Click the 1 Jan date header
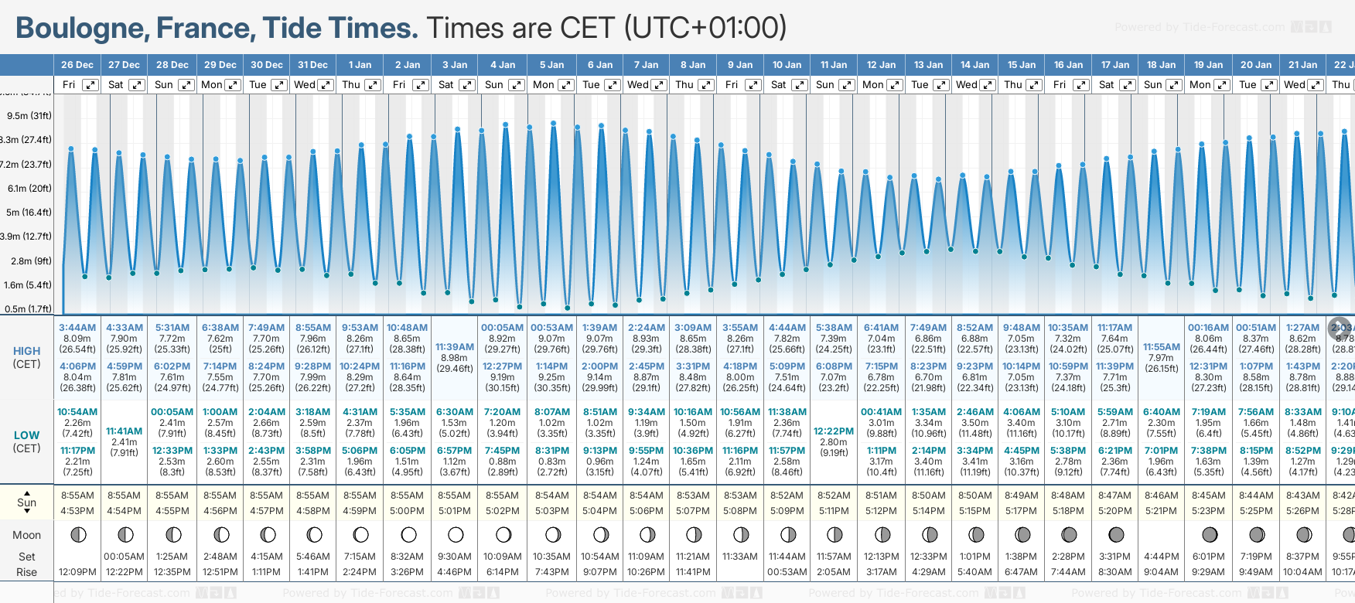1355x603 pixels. tap(360, 65)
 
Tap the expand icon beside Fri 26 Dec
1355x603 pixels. tap(90, 85)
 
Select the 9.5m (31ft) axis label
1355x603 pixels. tap(29, 116)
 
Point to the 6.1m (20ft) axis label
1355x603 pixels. tap(29, 188)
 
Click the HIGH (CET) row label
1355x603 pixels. tap(27, 357)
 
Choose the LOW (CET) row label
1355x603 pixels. tap(27, 441)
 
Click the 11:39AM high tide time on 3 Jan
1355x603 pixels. tap(455, 347)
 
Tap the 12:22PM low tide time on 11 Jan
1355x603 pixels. tap(834, 431)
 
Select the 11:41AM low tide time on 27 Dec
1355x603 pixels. tap(124, 431)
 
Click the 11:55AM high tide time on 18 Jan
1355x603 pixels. tap(1162, 347)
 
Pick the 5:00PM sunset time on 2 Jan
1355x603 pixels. tap(407, 511)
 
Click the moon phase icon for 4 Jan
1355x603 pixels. tap(503, 534)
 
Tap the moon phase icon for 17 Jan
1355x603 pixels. tap(1116, 534)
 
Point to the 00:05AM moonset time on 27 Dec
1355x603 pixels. tap(124, 557)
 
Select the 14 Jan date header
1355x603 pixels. tap(974, 65)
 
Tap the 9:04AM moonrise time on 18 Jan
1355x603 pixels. tap(1162, 572)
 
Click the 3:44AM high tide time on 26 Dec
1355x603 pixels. tap(77, 328)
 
